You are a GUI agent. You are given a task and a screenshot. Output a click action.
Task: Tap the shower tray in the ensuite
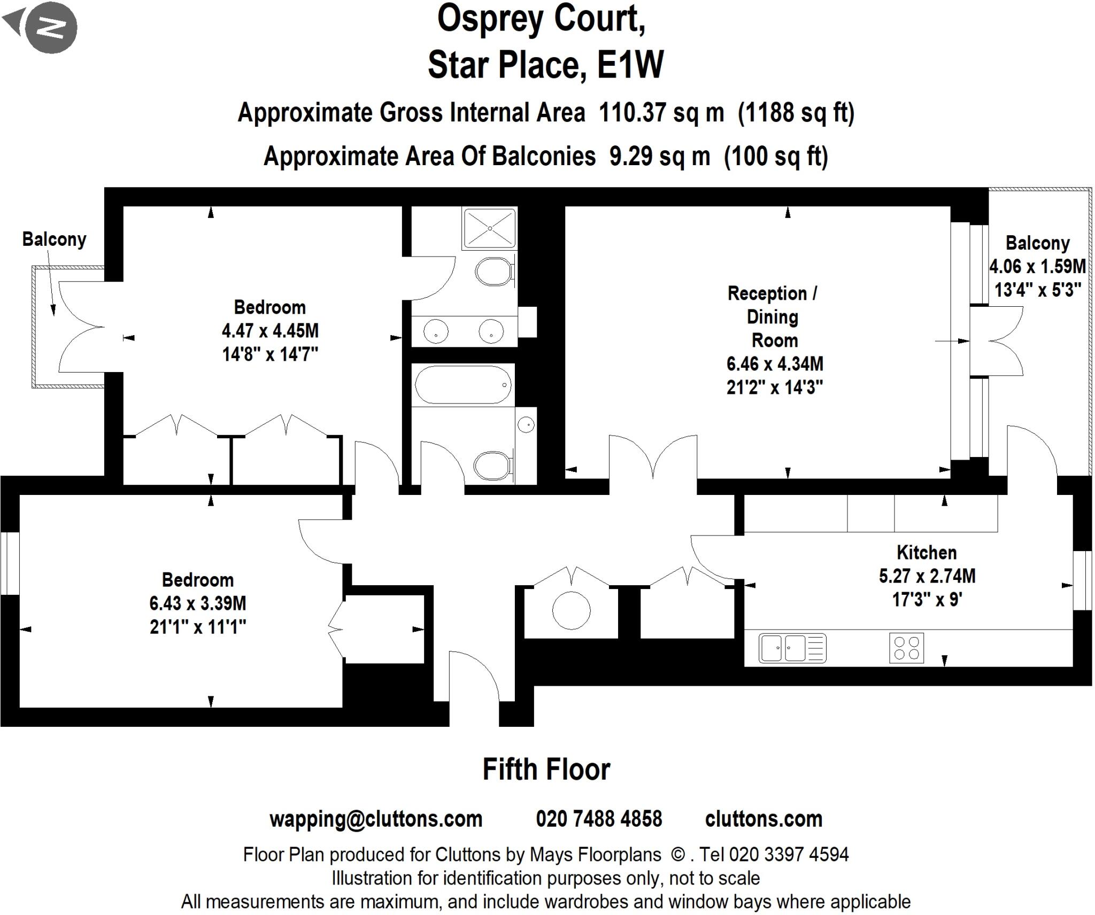[489, 228]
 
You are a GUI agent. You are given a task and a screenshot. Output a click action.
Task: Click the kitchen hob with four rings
[907, 648]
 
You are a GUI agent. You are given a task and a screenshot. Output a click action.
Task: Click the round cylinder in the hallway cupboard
[571, 610]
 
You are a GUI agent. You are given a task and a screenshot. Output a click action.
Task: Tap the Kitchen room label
[927, 552]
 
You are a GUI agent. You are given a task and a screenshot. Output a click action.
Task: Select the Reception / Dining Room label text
[773, 316]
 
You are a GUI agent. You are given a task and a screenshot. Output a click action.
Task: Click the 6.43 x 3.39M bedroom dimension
[198, 603]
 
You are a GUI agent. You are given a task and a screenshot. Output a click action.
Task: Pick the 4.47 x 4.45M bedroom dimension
[270, 331]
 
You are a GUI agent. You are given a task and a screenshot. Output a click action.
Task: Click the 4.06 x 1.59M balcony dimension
[1037, 266]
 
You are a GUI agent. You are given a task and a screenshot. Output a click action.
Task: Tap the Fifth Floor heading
[546, 770]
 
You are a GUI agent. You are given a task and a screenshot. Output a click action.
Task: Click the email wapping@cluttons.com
[376, 819]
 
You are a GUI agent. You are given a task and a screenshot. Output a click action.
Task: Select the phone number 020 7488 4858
[599, 819]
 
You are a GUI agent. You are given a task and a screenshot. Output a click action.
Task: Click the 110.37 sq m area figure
[661, 113]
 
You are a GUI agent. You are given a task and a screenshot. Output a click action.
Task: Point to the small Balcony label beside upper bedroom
[54, 239]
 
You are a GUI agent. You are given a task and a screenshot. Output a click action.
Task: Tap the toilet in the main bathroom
[492, 465]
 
